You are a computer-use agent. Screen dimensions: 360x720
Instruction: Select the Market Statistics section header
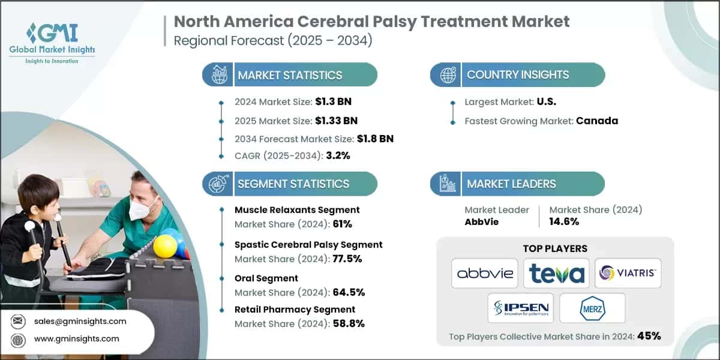pyautogui.click(x=290, y=75)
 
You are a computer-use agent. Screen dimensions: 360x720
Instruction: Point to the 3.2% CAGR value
pyautogui.click(x=337, y=155)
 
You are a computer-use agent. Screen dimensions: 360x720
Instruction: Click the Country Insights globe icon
pyautogui.click(x=447, y=75)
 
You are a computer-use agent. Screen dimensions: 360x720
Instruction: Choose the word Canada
pyautogui.click(x=597, y=121)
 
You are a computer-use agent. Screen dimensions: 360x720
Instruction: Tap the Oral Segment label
pyautogui.click(x=266, y=278)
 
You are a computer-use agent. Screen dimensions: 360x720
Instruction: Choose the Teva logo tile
pyautogui.click(x=556, y=274)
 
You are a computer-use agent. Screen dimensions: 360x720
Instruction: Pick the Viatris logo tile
pyautogui.click(x=628, y=274)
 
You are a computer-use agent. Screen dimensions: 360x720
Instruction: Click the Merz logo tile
pyautogui.click(x=592, y=308)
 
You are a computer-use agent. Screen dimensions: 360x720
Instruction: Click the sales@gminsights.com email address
pyautogui.click(x=80, y=321)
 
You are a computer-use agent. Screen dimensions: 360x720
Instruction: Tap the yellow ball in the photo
pyautogui.click(x=165, y=246)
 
